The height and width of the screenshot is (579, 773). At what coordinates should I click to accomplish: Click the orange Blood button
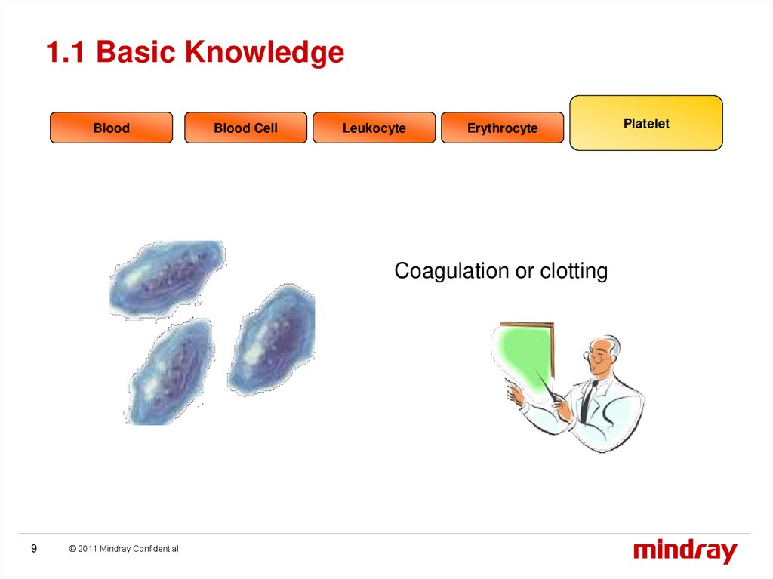click(112, 128)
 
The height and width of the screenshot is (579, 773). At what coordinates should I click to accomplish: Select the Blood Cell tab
click(245, 128)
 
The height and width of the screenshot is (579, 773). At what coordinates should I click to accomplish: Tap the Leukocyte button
click(374, 128)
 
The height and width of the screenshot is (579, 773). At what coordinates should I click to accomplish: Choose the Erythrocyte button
click(502, 128)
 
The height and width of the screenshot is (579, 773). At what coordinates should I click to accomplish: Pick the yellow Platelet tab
click(646, 123)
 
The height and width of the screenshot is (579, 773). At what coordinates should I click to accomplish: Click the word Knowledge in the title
click(264, 52)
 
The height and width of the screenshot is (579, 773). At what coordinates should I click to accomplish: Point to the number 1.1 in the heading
click(66, 52)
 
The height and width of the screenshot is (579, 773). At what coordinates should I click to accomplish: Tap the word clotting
click(574, 271)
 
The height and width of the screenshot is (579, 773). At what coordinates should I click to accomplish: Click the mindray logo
click(685, 551)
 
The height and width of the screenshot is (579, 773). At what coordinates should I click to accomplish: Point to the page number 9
click(34, 548)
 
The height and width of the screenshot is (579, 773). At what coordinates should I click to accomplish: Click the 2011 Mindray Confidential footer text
click(124, 548)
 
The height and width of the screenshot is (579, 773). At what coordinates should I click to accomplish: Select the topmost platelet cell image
click(167, 278)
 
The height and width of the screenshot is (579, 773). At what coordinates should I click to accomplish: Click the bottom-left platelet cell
click(171, 371)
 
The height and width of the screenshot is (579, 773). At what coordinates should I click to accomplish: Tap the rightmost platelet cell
click(272, 340)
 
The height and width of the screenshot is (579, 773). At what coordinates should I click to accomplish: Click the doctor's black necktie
click(587, 401)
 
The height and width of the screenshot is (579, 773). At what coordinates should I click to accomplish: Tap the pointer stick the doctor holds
click(550, 388)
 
